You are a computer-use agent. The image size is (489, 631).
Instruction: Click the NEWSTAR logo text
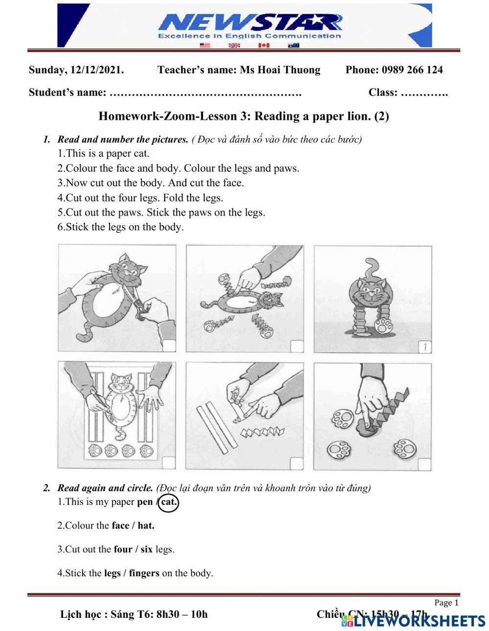click(249, 22)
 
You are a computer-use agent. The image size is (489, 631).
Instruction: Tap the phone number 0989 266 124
click(412, 70)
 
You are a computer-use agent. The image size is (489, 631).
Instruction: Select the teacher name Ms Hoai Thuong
click(280, 70)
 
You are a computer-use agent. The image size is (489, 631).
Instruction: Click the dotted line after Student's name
click(205, 93)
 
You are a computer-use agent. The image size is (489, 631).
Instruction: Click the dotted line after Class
click(424, 93)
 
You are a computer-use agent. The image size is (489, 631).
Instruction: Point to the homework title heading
click(244, 116)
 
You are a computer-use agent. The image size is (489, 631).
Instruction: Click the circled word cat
click(169, 502)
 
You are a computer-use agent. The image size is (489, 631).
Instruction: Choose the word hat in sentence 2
click(146, 526)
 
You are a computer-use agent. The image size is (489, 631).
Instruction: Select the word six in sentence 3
click(146, 549)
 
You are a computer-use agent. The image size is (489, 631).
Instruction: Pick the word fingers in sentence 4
click(144, 573)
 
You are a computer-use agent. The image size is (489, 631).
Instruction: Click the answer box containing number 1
click(424, 347)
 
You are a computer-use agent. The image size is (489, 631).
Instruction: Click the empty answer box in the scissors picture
click(169, 346)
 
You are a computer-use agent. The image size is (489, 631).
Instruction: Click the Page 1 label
click(446, 603)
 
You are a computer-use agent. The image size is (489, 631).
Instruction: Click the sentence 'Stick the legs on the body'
click(120, 227)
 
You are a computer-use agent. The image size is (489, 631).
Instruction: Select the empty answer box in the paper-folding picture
click(296, 463)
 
